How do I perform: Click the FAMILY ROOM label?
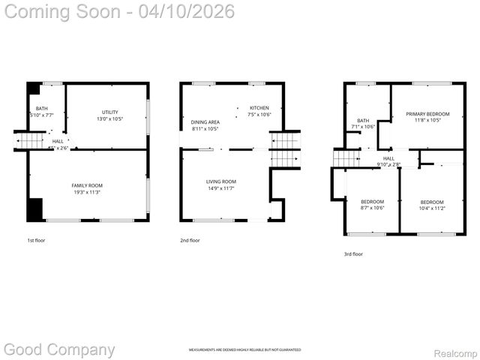87,185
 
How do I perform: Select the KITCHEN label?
259,108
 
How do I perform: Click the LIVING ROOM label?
221,181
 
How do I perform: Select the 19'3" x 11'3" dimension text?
87,193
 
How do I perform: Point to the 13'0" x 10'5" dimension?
109,118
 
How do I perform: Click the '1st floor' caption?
35,241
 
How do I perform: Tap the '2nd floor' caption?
190,241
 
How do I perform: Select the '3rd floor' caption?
353,254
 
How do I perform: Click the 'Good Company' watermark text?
60,349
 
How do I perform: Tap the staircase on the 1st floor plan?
31,141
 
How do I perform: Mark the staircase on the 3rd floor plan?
347,158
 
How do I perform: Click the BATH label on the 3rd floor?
363,120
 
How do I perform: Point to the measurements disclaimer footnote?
244,350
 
